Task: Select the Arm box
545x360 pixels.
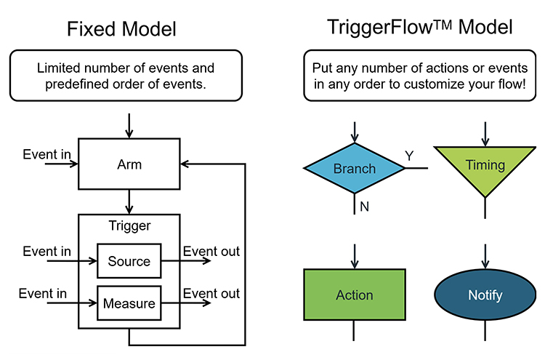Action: pyautogui.click(x=129, y=164)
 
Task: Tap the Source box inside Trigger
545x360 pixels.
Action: pyautogui.click(x=129, y=261)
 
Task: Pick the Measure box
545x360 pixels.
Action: pyautogui.click(x=129, y=303)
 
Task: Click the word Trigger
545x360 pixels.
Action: pyautogui.click(x=129, y=225)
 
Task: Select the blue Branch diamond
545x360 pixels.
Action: pyautogui.click(x=354, y=169)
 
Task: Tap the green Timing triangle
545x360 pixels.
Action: pyautogui.click(x=485, y=166)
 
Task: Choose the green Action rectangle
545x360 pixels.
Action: pyautogui.click(x=354, y=295)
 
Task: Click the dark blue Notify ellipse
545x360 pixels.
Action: pyautogui.click(x=485, y=295)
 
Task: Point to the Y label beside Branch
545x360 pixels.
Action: pyautogui.click(x=410, y=156)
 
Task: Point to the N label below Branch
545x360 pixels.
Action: pyautogui.click(x=365, y=207)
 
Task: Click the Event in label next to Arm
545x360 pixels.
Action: pyautogui.click(x=47, y=154)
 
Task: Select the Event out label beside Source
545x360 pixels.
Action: pyautogui.click(x=211, y=252)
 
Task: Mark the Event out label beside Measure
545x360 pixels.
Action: pyautogui.click(x=211, y=294)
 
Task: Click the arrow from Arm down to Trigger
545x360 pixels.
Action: pyautogui.click(x=129, y=201)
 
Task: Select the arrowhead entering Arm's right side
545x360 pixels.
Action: pyautogui.click(x=186, y=164)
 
